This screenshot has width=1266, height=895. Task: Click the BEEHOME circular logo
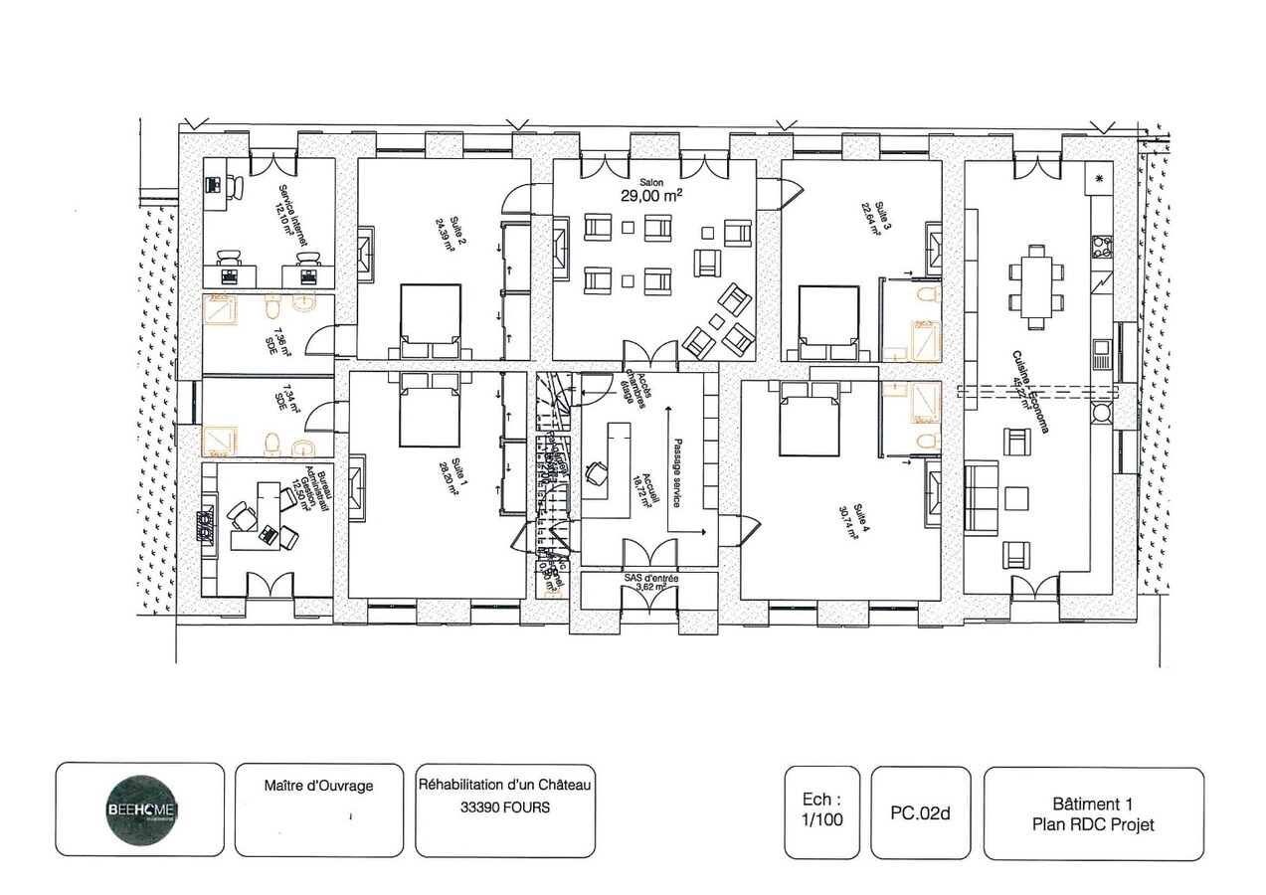click(x=140, y=811)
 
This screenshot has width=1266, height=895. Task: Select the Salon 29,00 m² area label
click(x=651, y=192)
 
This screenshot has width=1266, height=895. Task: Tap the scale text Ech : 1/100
click(x=821, y=811)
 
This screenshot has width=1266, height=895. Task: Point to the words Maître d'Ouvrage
click(x=318, y=786)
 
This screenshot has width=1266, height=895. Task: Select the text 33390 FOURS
click(x=504, y=807)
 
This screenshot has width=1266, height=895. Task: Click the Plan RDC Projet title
click(x=1093, y=824)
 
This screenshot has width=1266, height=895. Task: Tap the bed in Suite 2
click(x=431, y=319)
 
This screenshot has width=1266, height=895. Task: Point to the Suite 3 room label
click(x=871, y=218)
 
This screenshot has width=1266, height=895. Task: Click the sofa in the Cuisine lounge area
click(x=981, y=497)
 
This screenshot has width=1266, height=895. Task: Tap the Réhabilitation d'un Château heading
click(x=504, y=786)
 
